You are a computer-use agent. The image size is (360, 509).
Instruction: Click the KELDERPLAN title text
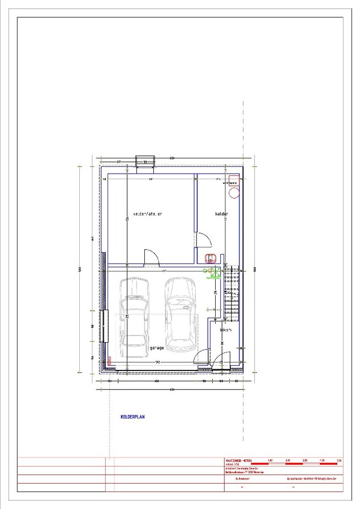coord(133,417)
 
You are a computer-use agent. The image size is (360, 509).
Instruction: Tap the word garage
coord(157,348)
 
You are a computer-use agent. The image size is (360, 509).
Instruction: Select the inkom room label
coord(225,330)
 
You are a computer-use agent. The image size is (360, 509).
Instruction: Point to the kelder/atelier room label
coord(148,214)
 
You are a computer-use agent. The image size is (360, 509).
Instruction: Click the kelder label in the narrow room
coord(222,214)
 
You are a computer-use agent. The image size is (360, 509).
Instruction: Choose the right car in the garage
coord(181,313)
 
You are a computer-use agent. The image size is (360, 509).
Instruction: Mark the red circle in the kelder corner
coord(233,192)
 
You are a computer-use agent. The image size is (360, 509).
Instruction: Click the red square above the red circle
coord(233,182)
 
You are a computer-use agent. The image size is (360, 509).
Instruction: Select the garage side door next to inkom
coord(201,360)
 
